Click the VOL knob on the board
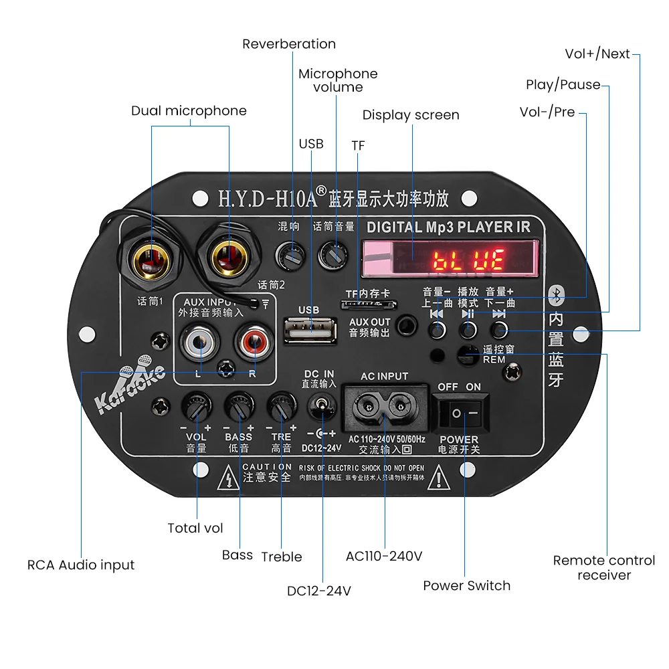click(197, 406)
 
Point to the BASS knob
click(238, 406)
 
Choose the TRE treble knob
click(281, 406)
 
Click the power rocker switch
click(464, 413)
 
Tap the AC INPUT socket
click(385, 405)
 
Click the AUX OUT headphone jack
click(405, 326)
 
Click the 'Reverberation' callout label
click(289, 44)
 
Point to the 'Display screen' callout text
click(411, 115)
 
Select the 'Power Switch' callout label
click(466, 586)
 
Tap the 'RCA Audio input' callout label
click(81, 565)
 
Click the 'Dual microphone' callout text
click(189, 111)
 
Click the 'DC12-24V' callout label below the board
click(319, 591)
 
